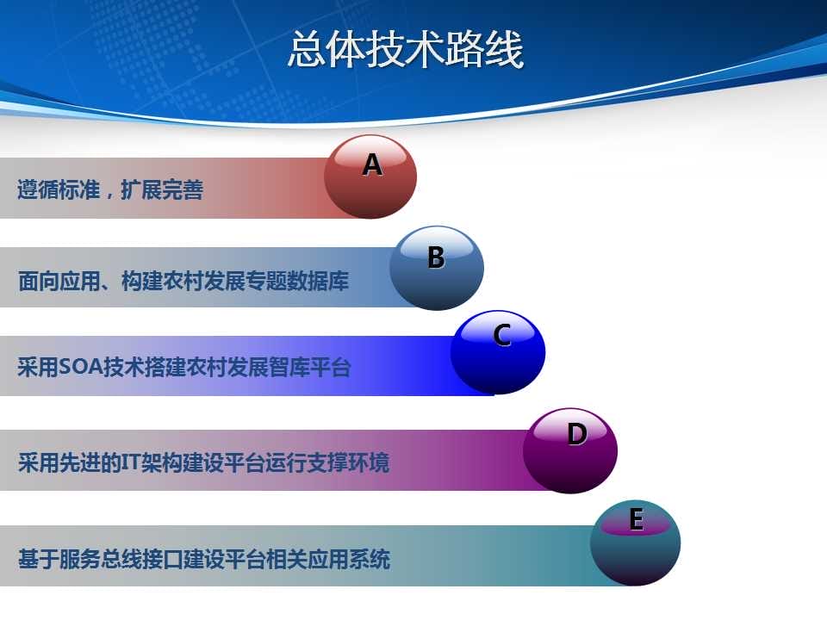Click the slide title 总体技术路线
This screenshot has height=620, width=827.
pos(406,49)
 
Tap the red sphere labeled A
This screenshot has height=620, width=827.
pos(370,177)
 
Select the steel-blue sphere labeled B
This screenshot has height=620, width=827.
pos(437,268)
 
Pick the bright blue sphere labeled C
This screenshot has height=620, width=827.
pos(498,352)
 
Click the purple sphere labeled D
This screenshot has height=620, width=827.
pos(570,450)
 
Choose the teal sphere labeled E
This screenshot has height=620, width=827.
pos(635,542)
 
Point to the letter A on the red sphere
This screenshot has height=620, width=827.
pos(372,164)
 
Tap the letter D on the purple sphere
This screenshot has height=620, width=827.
pos(576,434)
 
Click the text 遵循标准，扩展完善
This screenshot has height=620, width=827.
pos(110,189)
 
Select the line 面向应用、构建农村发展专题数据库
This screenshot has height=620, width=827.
pos(183,281)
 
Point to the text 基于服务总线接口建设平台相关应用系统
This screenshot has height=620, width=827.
pos(204,559)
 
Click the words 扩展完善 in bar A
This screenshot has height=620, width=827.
pos(162,189)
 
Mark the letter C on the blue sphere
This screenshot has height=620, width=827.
pos(501,335)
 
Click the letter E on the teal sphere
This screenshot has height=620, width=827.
pos(637,518)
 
